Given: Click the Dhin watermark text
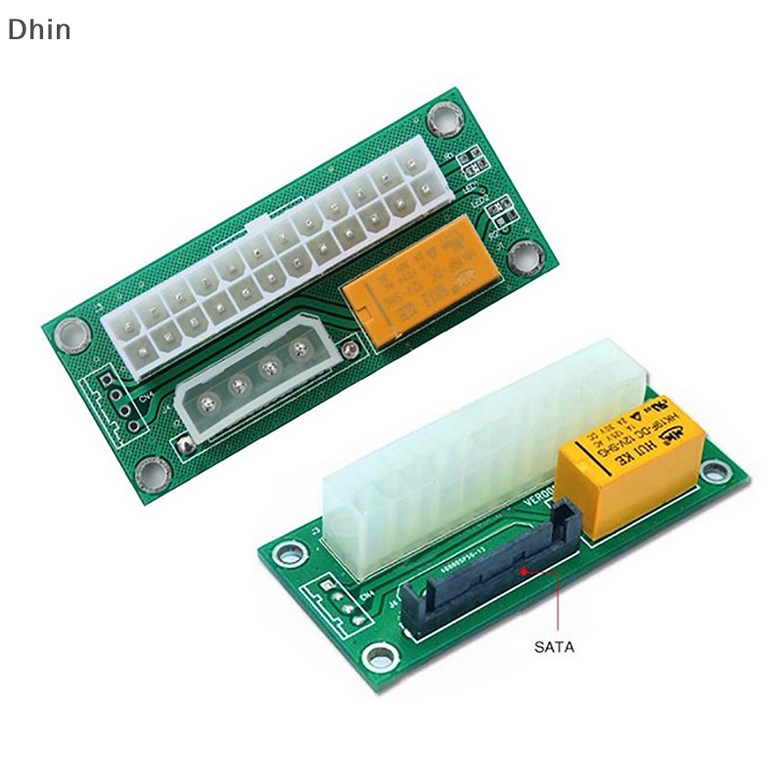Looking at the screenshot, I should pos(39,29).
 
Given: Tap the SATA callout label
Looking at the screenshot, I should pos(554,646).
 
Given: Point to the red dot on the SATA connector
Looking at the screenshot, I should pos(526,569).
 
